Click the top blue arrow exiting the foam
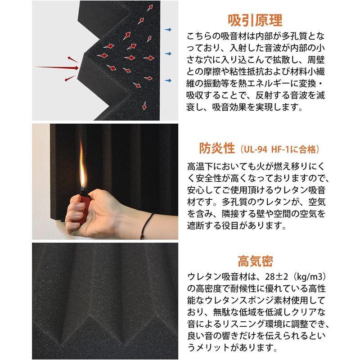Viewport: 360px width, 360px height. [x=169, y=30]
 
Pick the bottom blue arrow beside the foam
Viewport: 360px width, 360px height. [x=169, y=81]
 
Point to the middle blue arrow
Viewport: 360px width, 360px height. [x=169, y=54]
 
